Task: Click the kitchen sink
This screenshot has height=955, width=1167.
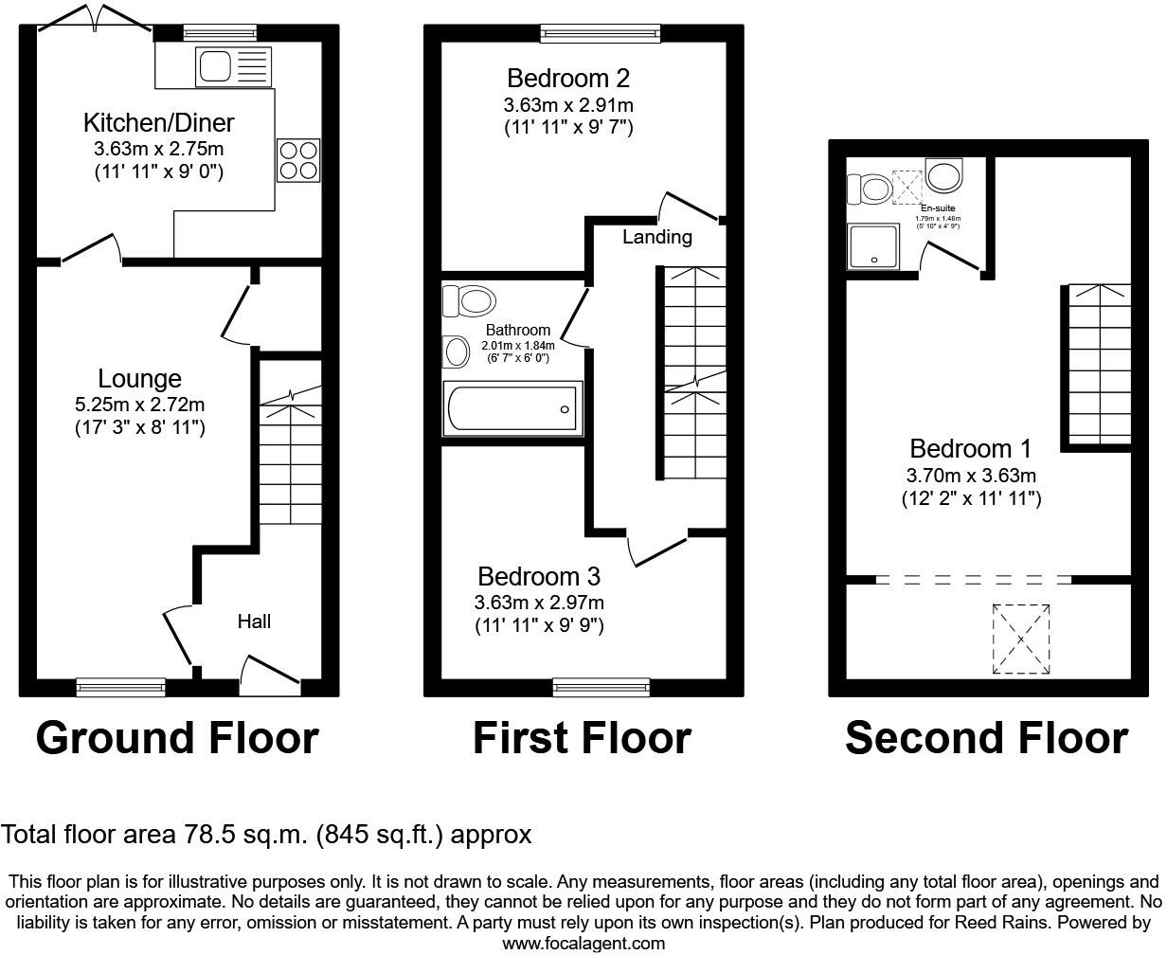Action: point(232,66)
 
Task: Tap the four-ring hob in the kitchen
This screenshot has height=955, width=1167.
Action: point(297,160)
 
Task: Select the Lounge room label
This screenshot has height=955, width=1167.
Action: point(140,379)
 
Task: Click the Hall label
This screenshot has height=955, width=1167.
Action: point(254,622)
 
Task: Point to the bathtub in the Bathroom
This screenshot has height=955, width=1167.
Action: point(512,408)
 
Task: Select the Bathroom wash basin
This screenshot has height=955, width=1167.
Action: point(457,352)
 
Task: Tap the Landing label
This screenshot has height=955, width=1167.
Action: point(656,237)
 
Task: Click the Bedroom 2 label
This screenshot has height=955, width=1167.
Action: point(568,78)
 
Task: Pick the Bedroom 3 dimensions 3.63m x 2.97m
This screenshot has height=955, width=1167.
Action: point(539,603)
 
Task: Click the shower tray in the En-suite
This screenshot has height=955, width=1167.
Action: point(876,246)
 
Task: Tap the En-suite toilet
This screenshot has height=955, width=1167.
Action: point(868,189)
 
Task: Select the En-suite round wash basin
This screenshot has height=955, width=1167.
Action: point(943,175)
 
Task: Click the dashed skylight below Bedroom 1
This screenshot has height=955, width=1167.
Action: point(1021,639)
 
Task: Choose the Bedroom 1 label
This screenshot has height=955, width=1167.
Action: point(971,449)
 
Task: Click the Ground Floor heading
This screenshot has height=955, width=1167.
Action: point(177,738)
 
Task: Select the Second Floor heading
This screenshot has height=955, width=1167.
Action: point(986,738)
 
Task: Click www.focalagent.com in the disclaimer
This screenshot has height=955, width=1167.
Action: point(583,944)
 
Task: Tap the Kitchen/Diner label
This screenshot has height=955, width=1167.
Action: point(159,123)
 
